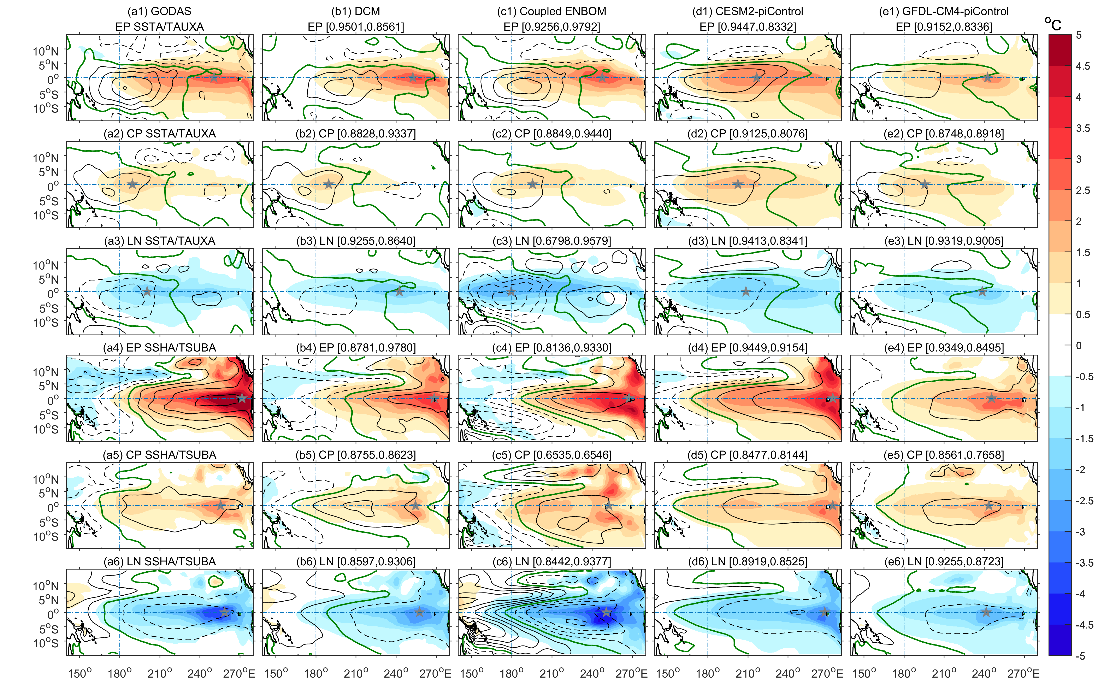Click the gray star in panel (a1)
click(x=213, y=77)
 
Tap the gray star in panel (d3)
click(x=745, y=291)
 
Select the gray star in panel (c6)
click(x=606, y=612)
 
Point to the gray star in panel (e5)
click(x=988, y=505)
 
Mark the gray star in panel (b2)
click(x=329, y=184)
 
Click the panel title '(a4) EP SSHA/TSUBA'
click(x=160, y=348)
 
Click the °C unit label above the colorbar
click(x=1053, y=24)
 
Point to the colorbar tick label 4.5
click(x=1082, y=66)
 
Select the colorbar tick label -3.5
click(x=1084, y=563)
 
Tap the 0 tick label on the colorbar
click(x=1079, y=346)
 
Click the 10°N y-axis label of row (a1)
click(x=46, y=51)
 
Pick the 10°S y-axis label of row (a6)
click(x=46, y=643)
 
